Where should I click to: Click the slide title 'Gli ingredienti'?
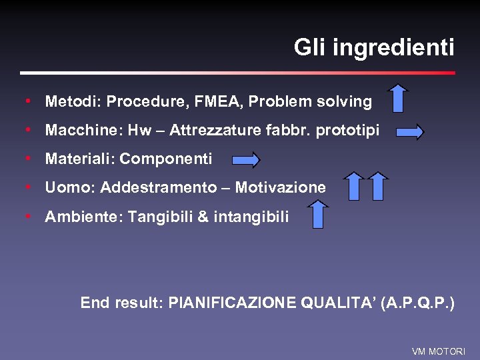[373, 48]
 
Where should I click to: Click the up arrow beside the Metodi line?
[398, 98]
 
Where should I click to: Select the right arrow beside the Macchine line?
[409, 132]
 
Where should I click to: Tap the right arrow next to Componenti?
[246, 160]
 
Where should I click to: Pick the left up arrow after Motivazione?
[354, 186]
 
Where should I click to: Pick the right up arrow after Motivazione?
[378, 186]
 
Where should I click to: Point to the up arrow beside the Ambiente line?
[319, 214]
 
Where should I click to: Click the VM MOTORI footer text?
[439, 351]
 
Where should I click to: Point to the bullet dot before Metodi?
[27, 101]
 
